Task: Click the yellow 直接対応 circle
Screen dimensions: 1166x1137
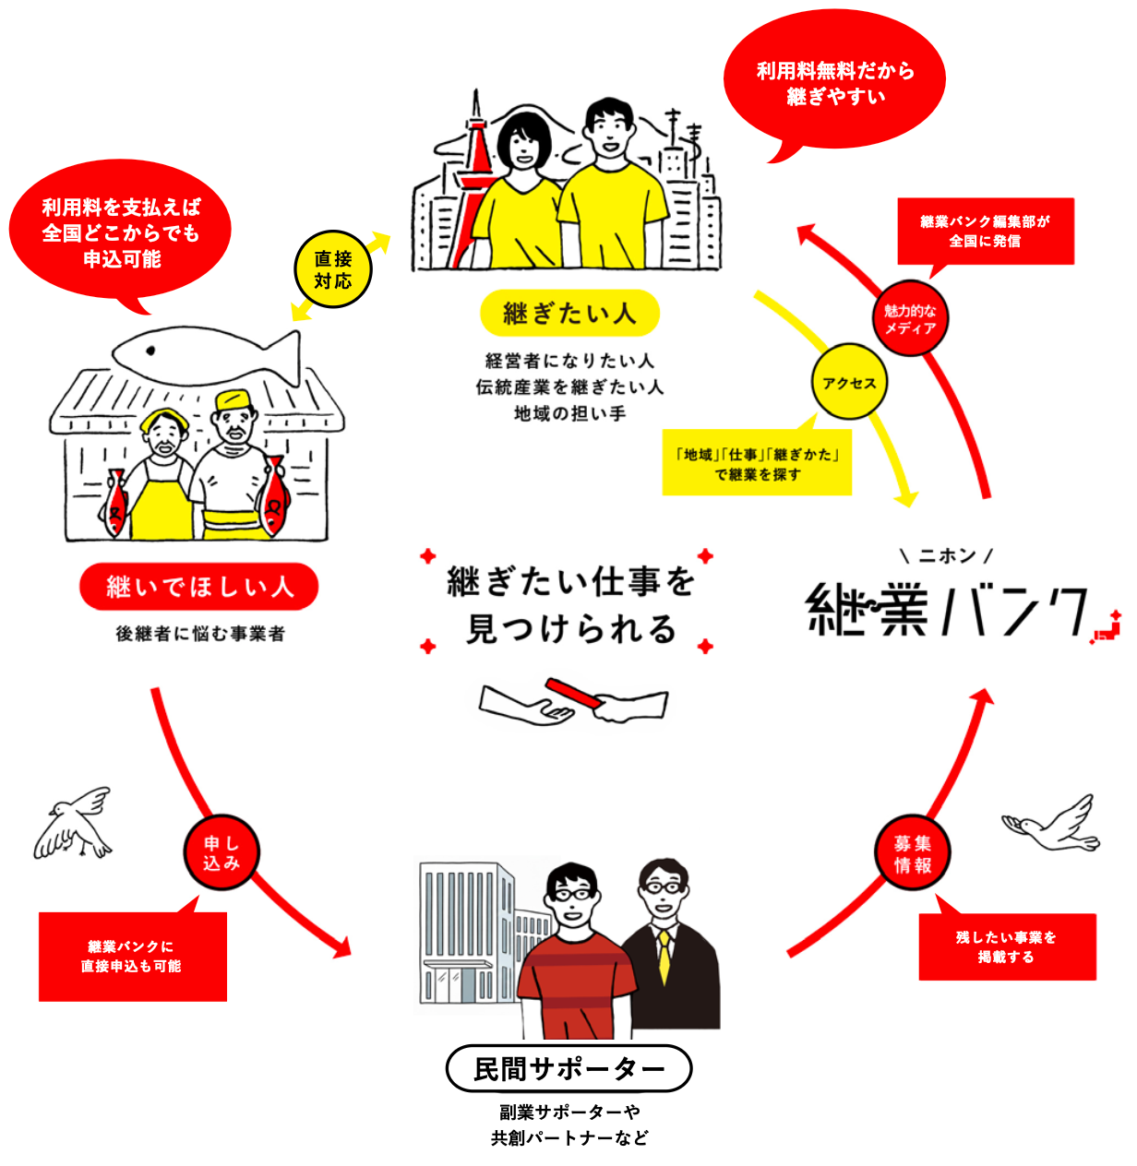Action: [333, 269]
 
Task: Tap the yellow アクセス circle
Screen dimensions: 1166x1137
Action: [849, 383]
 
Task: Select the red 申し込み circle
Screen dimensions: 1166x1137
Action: [221, 853]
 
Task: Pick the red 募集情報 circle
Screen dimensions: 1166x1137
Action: [913, 854]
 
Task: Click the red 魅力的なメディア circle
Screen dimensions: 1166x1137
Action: [910, 318]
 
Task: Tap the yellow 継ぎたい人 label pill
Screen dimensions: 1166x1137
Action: [569, 314]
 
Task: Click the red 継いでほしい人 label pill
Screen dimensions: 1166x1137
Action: [199, 587]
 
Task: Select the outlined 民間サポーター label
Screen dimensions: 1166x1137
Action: [568, 1069]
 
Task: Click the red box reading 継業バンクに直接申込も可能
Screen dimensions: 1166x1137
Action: [132, 957]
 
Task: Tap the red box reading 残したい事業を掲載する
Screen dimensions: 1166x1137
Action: [1007, 947]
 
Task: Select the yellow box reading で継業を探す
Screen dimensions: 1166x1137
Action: [757, 464]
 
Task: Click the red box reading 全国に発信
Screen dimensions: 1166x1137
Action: [985, 232]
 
